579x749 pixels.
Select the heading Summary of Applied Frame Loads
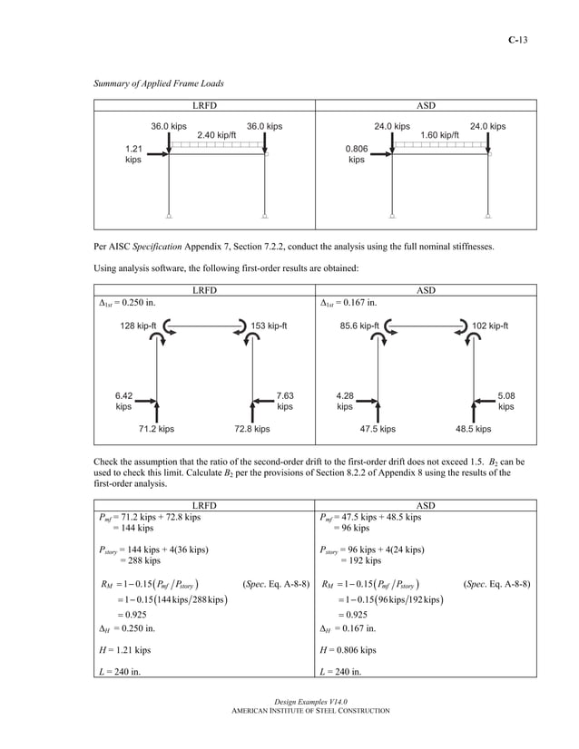[159, 84]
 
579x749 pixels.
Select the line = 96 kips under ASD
[354, 529]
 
